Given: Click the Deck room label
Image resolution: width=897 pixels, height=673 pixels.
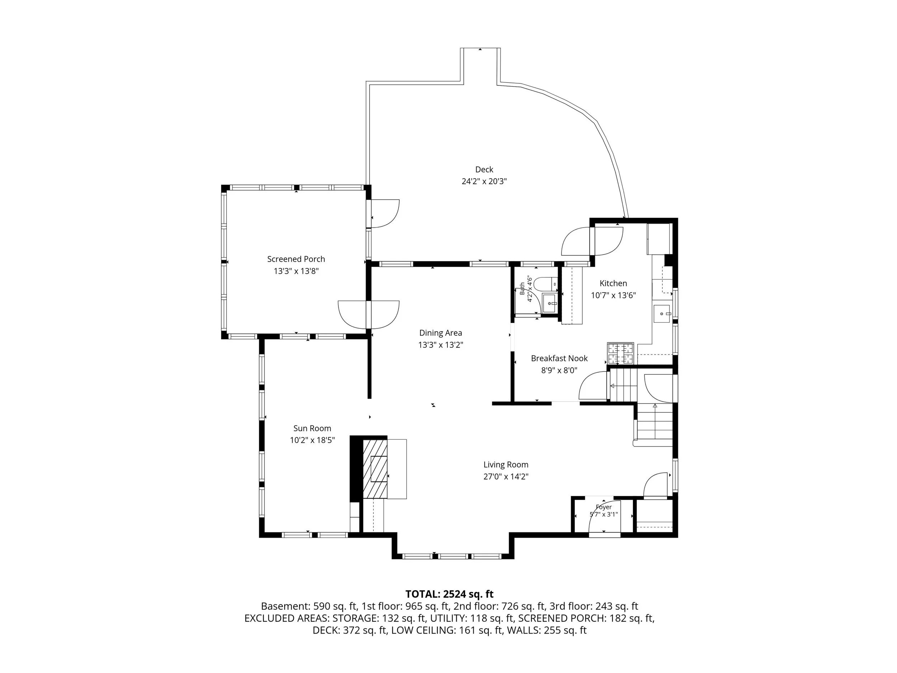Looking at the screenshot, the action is (484, 169).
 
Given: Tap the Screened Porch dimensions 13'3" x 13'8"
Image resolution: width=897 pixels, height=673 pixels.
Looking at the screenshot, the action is (296, 271).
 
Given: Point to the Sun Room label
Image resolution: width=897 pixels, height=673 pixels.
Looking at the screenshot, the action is (312, 428).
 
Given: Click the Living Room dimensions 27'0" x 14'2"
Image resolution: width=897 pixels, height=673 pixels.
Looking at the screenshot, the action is (506, 477).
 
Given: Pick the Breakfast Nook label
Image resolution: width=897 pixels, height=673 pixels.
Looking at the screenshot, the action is (559, 358).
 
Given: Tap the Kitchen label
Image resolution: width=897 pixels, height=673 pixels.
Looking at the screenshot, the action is (613, 284).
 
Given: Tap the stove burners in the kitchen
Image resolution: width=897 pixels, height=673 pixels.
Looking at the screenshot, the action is (620, 353).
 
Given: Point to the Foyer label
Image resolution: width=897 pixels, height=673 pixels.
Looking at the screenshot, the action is (604, 507).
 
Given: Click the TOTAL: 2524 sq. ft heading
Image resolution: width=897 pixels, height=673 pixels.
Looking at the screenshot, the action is (449, 594).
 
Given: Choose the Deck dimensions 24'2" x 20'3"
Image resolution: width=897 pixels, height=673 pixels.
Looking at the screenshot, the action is (484, 181).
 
